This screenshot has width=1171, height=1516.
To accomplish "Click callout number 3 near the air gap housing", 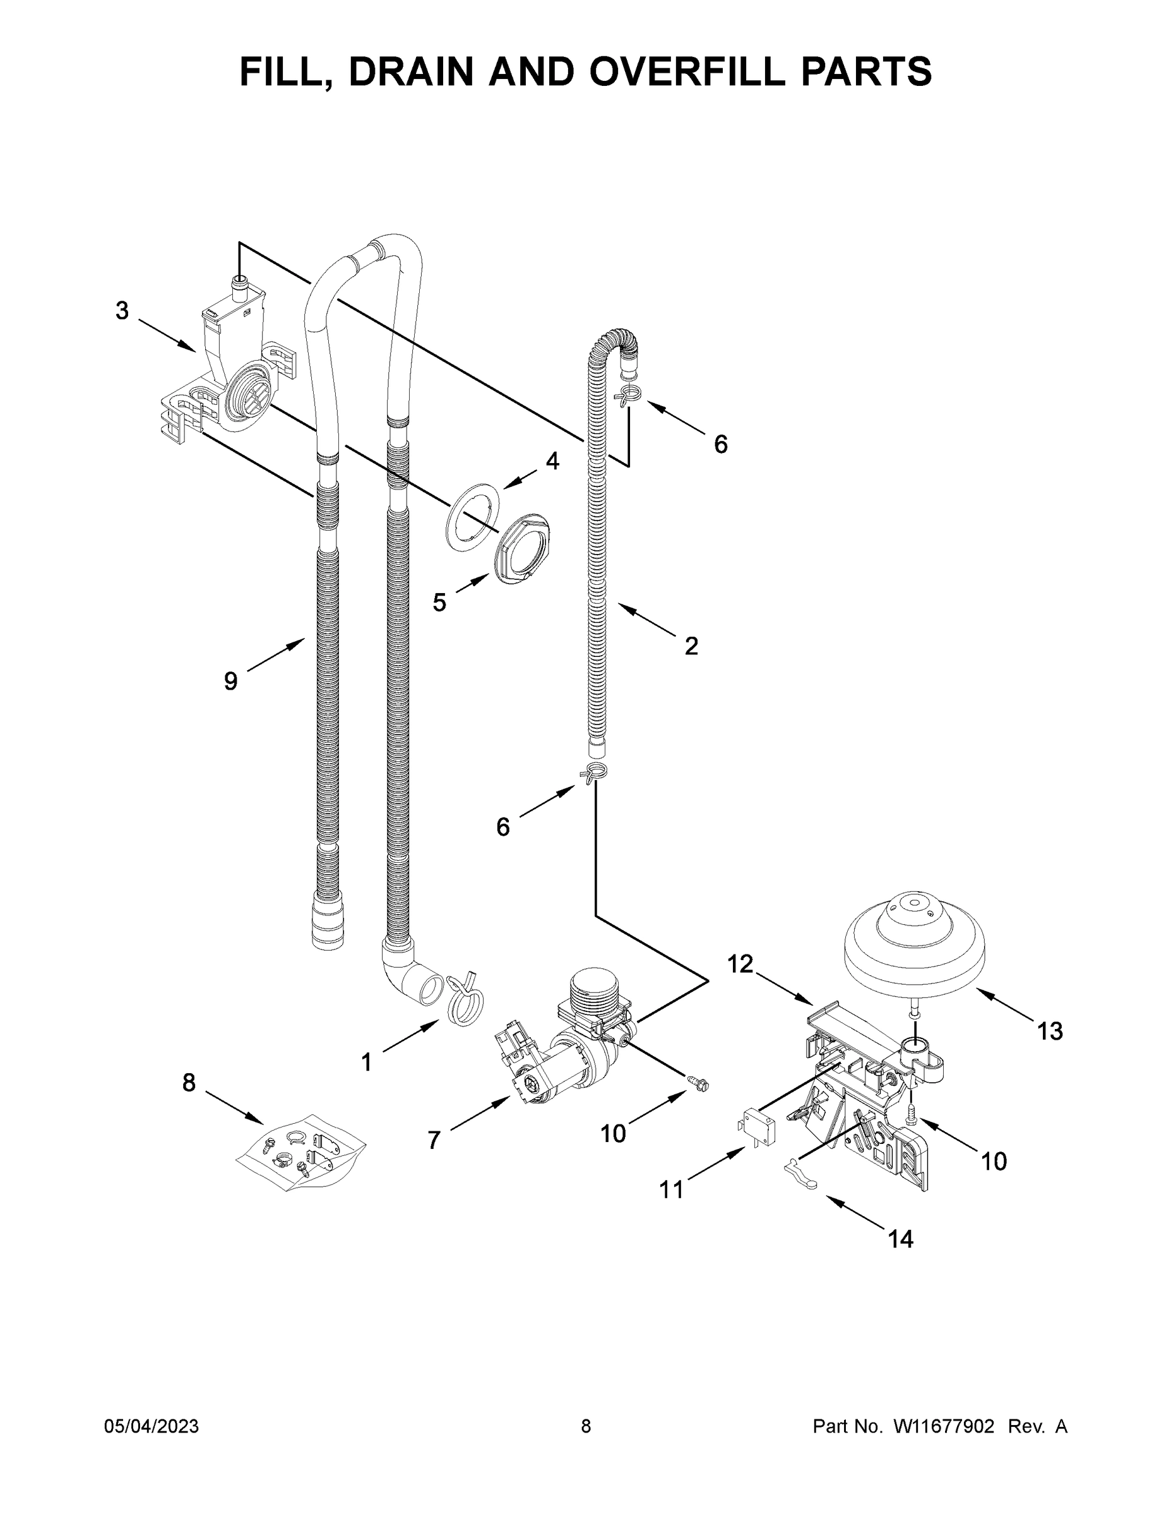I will [x=122, y=311].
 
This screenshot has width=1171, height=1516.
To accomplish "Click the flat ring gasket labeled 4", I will [x=474, y=517].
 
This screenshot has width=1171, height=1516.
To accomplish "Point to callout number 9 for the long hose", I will [x=231, y=681].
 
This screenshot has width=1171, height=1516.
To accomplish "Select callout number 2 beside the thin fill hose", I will [x=691, y=646].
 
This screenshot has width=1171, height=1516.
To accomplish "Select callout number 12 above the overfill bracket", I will [x=740, y=963].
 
